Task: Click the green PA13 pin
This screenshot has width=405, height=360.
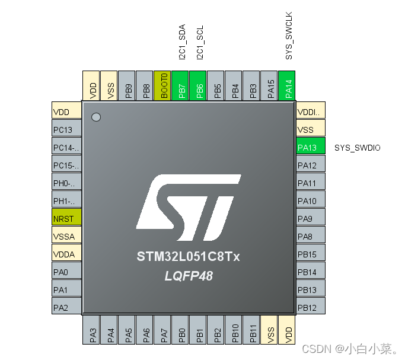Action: coord(311,147)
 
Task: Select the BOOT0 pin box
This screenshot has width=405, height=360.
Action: coord(162,85)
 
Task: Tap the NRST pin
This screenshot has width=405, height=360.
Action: coord(66,218)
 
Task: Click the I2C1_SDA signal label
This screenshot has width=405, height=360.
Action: coord(182,42)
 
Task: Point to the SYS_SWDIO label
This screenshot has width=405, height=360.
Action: coord(357,147)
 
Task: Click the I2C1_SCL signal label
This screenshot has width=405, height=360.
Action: coord(200,42)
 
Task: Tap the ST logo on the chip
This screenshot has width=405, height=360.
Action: coord(188,202)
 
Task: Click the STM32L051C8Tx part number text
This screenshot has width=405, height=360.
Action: coord(188,257)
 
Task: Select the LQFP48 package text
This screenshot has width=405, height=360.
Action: coord(189,276)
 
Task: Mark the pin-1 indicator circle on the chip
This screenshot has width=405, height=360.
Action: coord(96,117)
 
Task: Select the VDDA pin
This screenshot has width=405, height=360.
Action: coord(66,254)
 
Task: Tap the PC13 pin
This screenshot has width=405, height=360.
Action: coord(66,129)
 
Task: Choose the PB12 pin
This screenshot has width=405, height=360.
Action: coord(311,307)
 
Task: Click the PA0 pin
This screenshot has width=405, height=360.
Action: coord(66,272)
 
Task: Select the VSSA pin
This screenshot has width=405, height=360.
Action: coord(66,236)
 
